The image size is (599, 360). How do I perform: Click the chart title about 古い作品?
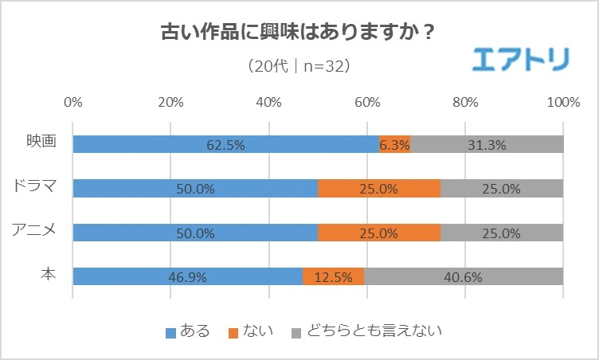(299, 34)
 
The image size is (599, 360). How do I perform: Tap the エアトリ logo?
(521, 60)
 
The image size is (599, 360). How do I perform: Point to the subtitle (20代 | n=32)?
(299, 65)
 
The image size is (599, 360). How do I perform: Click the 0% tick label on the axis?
(73, 102)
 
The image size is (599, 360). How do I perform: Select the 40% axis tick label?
(269, 102)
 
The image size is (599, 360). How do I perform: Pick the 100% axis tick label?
(563, 102)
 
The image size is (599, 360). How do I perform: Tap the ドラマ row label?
(36, 187)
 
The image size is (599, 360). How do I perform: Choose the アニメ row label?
(36, 232)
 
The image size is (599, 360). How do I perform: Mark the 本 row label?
(49, 276)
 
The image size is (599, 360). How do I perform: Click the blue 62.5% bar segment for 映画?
(225, 144)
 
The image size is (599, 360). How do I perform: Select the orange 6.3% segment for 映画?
(395, 144)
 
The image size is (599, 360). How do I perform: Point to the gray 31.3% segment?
(487, 144)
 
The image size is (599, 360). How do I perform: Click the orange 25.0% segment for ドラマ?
(379, 189)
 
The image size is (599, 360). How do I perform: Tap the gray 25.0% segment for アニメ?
(502, 233)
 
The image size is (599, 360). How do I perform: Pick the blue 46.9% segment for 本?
(187, 277)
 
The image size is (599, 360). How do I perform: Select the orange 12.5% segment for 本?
(334, 277)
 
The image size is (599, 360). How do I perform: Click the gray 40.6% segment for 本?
(464, 277)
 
